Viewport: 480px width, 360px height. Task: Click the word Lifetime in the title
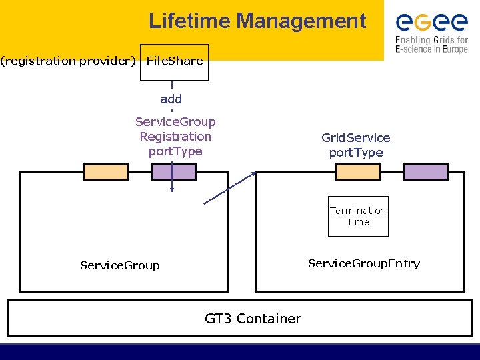click(189, 21)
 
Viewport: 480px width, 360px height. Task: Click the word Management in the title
click(301, 21)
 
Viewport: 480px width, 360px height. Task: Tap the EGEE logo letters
click(431, 23)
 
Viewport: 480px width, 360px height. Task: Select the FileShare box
click(174, 62)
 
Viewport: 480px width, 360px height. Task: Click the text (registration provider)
click(68, 61)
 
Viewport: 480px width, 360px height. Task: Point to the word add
click(171, 99)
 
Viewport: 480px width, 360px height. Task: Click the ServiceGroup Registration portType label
click(175, 137)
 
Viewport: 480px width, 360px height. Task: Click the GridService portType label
click(356, 145)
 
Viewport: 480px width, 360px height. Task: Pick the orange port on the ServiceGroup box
click(106, 172)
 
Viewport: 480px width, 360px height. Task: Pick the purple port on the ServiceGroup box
click(174, 172)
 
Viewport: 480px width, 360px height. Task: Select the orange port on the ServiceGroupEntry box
click(358, 172)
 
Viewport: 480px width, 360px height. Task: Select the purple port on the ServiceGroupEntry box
click(426, 172)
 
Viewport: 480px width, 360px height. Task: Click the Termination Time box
click(358, 216)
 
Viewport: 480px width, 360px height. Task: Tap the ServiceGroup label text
click(120, 265)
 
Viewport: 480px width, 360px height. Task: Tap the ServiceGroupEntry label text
click(364, 263)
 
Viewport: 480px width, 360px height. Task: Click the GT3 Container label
click(253, 319)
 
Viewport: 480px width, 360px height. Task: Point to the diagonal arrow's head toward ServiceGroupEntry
click(254, 174)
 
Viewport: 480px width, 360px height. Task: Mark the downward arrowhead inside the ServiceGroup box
click(172, 189)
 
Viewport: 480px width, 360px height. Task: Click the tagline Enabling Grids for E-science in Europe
click(431, 45)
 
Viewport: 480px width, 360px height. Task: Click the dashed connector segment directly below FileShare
click(172, 85)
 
